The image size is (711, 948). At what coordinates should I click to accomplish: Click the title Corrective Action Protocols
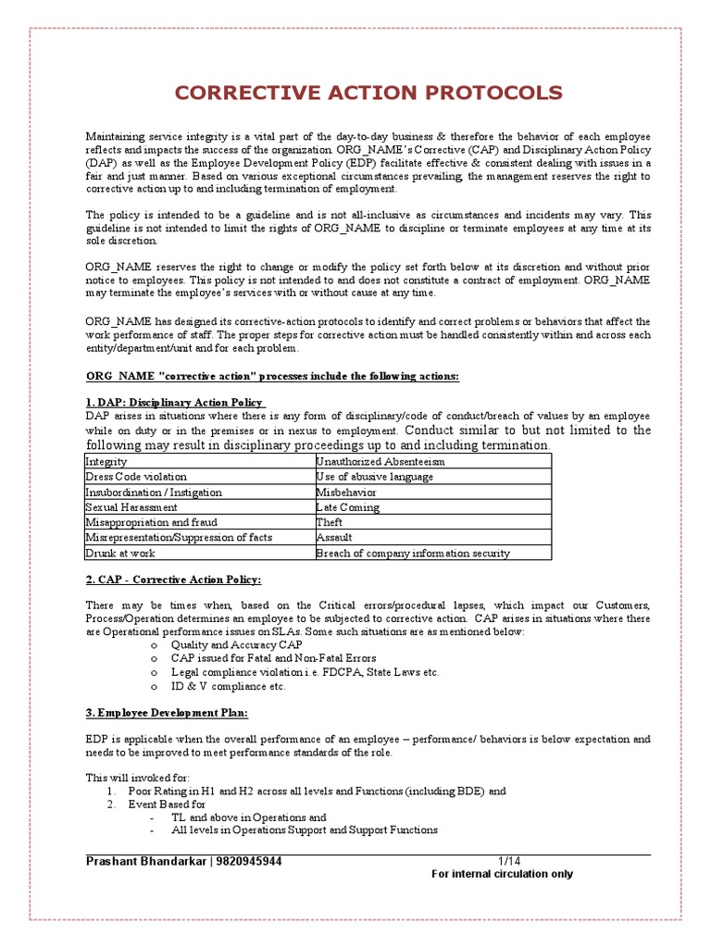368,93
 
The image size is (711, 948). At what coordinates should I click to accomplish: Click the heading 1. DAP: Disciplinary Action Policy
175,402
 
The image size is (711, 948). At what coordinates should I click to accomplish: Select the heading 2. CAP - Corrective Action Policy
174,580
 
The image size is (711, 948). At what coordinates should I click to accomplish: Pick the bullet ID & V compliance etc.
229,686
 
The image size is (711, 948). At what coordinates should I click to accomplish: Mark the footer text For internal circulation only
503,874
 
